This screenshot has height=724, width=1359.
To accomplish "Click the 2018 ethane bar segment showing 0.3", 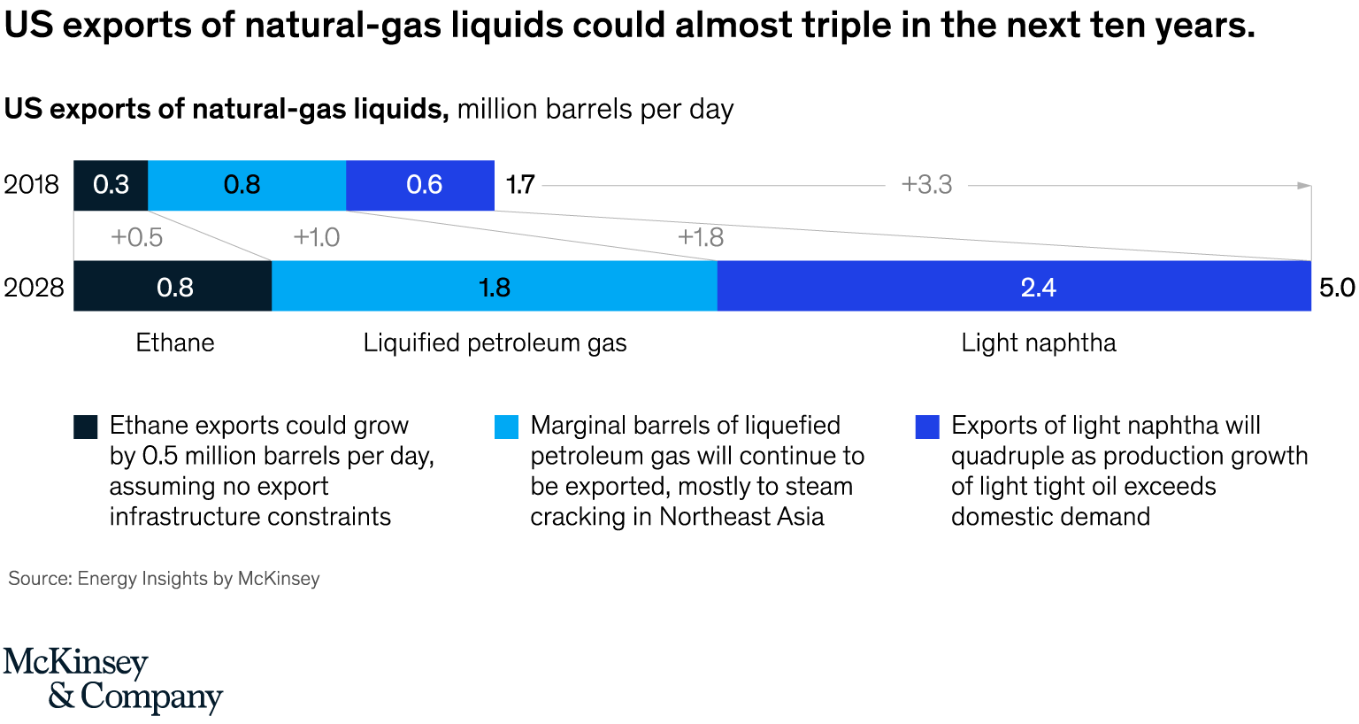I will point(111,185).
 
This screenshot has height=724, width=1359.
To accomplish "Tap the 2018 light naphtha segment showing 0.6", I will point(421,185).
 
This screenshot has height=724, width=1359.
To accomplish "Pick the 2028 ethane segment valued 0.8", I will point(173,287).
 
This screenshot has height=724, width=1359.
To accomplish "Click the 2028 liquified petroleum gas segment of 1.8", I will point(494,287).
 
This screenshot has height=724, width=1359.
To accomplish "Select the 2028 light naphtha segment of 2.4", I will point(1014,287).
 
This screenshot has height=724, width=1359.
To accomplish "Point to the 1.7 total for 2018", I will point(520,185).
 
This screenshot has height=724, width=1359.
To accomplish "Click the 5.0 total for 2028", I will point(1336,288).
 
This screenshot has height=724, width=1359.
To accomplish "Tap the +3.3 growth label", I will point(926,185).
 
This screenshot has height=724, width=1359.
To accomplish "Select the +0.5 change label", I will point(136,237).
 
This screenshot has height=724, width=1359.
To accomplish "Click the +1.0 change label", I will point(317,237).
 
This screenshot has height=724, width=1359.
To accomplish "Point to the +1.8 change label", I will point(701,237).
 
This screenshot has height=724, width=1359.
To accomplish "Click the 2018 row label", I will point(31,185).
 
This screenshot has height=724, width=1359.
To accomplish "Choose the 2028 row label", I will point(34,288).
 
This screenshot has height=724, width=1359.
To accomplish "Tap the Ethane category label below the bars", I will point(175,343).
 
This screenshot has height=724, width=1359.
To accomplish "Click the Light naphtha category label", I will point(1039,343).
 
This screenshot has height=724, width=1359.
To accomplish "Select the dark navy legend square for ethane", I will point(86,427).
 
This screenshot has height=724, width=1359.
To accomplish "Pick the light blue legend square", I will point(506,427).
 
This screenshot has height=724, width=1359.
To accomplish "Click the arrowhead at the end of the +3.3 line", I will point(1304,186).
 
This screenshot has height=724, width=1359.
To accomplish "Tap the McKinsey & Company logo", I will point(112,680).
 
